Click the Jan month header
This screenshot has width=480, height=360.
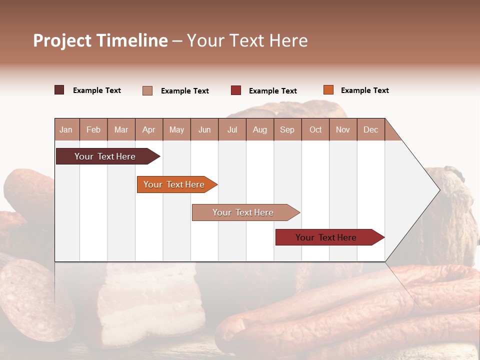66,129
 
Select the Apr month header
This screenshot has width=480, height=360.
149,129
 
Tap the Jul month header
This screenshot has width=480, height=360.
232,129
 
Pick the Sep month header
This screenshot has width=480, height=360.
287,129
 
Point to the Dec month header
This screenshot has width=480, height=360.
370,129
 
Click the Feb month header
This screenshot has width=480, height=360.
93,129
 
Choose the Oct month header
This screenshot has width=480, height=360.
315,129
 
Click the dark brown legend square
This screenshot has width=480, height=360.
59,90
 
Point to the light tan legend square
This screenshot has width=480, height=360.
147,90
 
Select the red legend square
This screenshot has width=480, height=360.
236,90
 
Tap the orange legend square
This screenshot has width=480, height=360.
328,90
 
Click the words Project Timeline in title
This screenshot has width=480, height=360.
100,40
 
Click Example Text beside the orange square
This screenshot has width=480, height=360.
364,90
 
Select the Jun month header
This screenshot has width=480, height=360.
204,129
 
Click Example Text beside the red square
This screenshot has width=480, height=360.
272,91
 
